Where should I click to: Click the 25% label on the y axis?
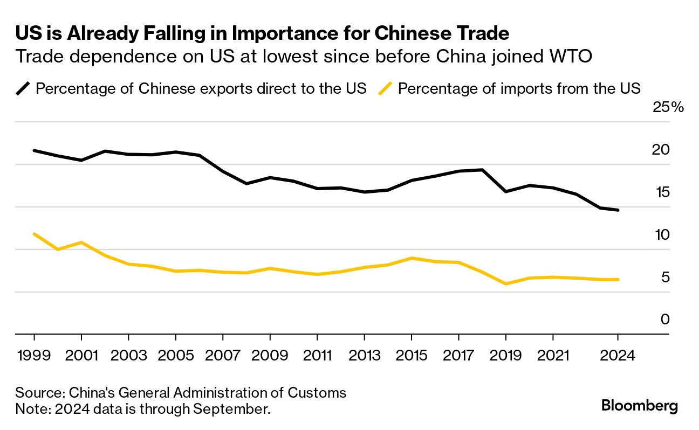point(668,107)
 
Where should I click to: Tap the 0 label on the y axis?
point(665,320)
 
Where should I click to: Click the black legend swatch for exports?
point(24,88)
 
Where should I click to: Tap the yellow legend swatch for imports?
point(386,88)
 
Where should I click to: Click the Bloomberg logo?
point(640,406)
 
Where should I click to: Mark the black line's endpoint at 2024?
point(618,210)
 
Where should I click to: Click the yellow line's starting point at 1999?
point(34,234)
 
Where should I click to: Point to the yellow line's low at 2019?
point(506,283)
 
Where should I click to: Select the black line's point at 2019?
point(506,191)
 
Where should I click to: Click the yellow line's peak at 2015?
point(412,258)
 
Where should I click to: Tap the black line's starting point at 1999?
point(34,150)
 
